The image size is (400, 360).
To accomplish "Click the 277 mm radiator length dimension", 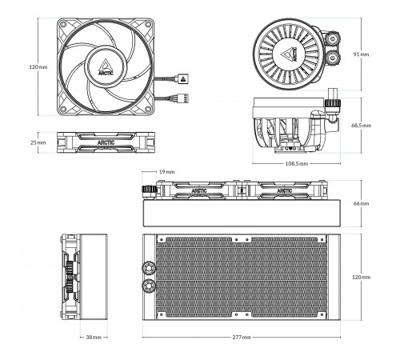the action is [x=242, y=338].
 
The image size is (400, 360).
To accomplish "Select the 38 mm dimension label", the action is [x=94, y=338].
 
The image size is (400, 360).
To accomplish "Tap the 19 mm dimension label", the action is [x=167, y=172].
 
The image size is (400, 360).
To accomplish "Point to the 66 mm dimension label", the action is [x=361, y=203].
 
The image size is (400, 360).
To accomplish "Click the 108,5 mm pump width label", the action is [x=297, y=163].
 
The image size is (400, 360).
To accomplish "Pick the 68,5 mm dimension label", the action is [x=361, y=126].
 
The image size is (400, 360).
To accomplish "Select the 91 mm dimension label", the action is [x=361, y=54].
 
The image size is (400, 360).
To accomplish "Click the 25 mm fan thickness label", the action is [x=38, y=142].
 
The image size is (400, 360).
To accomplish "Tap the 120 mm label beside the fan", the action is [x=38, y=66].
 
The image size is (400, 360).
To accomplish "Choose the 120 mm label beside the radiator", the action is [x=362, y=277].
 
